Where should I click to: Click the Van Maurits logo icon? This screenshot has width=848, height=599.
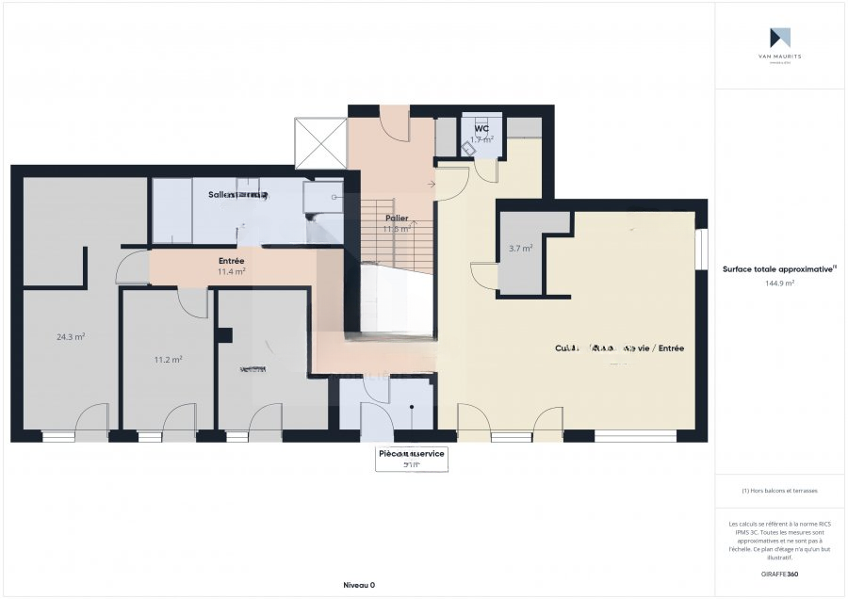[779, 38]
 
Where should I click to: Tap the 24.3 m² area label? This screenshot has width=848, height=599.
[71, 336]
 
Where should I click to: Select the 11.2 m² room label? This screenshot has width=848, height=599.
[168, 359]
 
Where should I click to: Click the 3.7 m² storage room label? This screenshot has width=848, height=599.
[521, 249]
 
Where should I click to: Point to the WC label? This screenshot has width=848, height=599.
[481, 128]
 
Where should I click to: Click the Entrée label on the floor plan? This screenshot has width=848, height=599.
[231, 260]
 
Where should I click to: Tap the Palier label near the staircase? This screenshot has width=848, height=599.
[397, 218]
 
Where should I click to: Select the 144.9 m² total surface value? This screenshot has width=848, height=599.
[779, 283]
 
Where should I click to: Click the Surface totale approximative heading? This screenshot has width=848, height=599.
[779, 268]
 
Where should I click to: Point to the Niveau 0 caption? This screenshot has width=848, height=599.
[358, 585]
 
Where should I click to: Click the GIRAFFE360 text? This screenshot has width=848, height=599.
[779, 574]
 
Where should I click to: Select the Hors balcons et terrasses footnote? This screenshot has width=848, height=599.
[779, 491]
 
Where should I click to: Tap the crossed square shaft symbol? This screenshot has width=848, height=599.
[321, 143]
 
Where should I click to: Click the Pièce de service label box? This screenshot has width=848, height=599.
[411, 458]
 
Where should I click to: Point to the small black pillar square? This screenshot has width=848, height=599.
[224, 334]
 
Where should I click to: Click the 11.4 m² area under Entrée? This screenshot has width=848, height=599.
[231, 271]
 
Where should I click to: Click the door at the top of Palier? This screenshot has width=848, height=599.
[395, 123]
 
